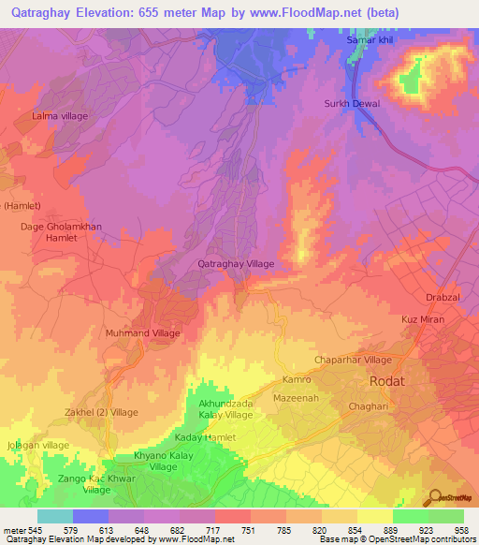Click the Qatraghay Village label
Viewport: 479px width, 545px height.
(236, 264)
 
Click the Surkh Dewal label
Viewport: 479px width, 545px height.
(352, 103)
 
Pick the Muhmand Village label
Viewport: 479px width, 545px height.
(142, 332)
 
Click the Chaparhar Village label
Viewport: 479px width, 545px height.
(352, 360)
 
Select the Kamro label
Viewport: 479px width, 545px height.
(297, 380)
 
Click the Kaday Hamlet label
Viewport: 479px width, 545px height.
(206, 437)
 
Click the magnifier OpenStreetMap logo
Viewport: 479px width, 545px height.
(434, 498)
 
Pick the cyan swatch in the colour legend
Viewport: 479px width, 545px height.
(55, 515)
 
